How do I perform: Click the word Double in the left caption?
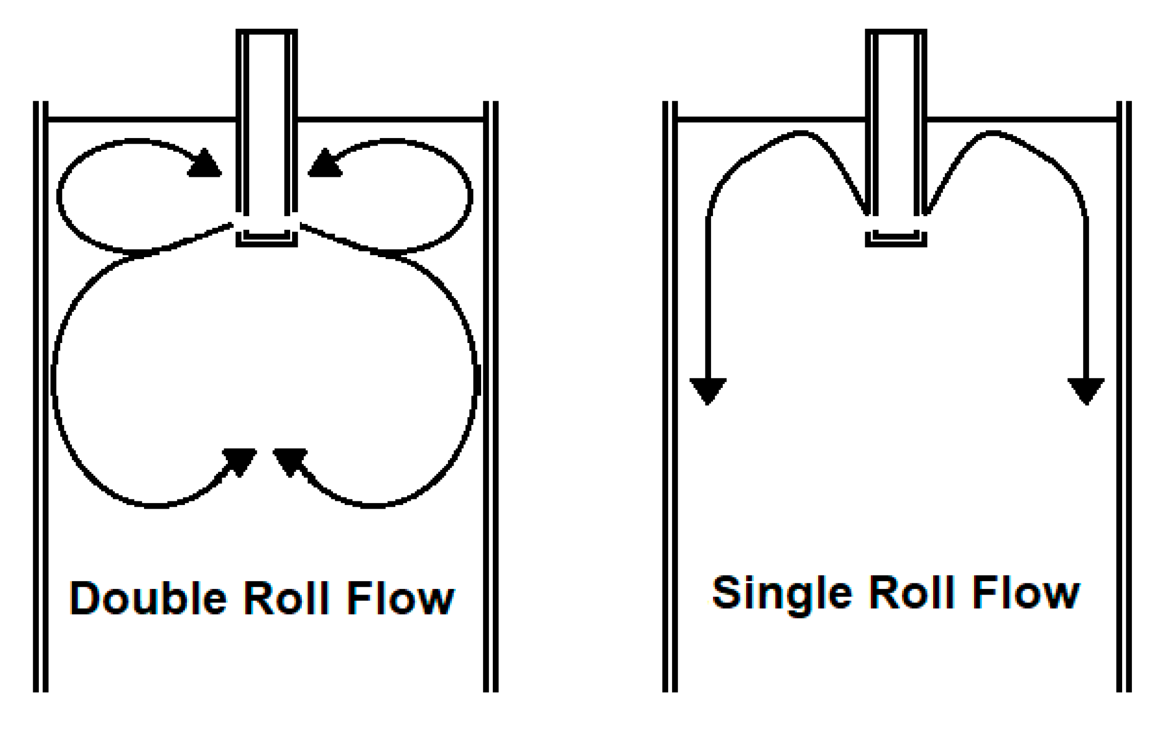148,598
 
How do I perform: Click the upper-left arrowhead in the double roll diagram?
205,165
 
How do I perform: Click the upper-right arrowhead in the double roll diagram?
325,165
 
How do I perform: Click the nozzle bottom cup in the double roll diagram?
267,239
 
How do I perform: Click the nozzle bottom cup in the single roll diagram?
896,239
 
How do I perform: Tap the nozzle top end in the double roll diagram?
267,32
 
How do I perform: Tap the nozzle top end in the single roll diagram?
896,32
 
